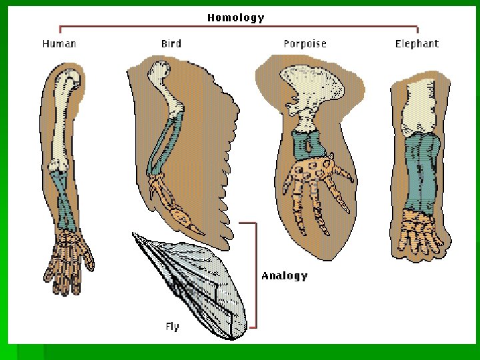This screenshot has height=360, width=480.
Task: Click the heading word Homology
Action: click(x=235, y=18)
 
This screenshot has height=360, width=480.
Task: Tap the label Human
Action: click(x=59, y=44)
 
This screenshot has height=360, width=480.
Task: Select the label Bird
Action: click(x=171, y=44)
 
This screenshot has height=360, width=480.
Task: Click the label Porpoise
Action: click(x=305, y=44)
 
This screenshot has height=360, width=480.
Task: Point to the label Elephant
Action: click(x=417, y=44)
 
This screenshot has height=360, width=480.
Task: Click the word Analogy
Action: click(x=285, y=275)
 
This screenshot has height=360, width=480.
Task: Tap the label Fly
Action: click(x=173, y=327)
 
